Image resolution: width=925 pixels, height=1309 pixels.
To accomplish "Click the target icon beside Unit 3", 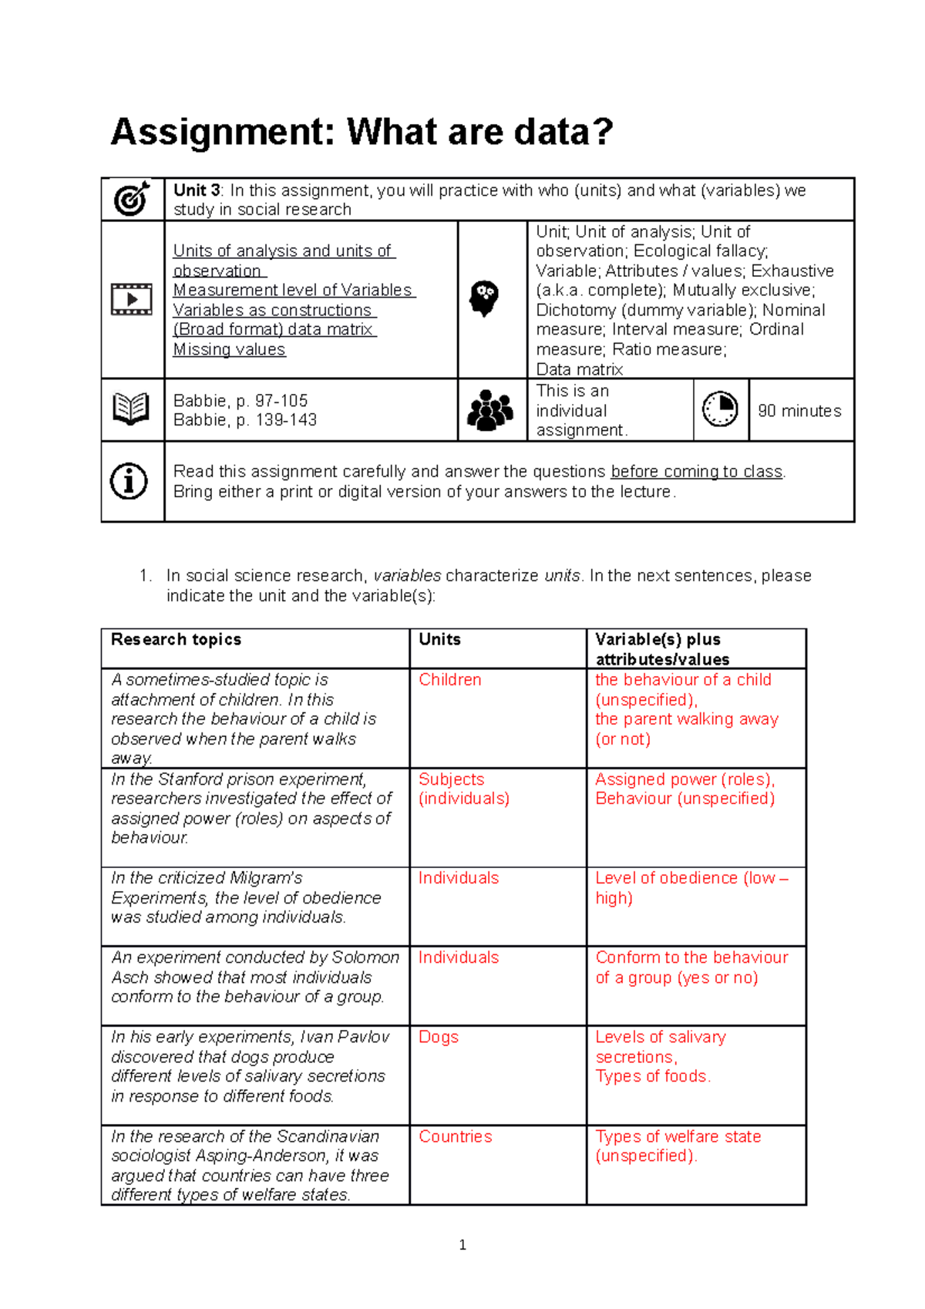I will point(132,199).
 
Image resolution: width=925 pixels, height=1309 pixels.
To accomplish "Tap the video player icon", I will point(132,299).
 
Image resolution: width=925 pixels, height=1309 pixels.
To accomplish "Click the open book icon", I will point(131,409).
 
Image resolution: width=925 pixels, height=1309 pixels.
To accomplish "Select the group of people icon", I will point(490,409).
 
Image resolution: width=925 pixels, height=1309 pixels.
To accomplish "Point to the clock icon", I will point(720,409).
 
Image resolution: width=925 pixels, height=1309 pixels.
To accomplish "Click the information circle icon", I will point(129,481).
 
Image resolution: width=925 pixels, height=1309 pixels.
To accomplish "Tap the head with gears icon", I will point(485,298).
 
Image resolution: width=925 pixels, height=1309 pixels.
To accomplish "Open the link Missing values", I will point(229,349).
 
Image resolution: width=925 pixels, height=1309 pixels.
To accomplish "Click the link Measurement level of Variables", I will point(293,290).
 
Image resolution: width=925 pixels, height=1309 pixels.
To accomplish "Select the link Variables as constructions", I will point(273,310).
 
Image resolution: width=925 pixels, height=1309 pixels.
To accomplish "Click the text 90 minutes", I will point(799,411).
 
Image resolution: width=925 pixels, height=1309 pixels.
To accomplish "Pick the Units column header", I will point(439,639).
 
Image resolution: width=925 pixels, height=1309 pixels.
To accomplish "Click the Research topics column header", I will point(176,639).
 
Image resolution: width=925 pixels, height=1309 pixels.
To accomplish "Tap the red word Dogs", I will point(438,1037).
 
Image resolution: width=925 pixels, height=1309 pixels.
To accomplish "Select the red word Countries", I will point(455,1136).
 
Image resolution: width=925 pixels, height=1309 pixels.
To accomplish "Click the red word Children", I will point(449,680).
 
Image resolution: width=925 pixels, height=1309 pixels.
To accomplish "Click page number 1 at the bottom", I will point(462,1244).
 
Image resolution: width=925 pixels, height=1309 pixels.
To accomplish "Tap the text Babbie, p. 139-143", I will point(244,420).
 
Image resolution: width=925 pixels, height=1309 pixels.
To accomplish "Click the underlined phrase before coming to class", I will point(696,472).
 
